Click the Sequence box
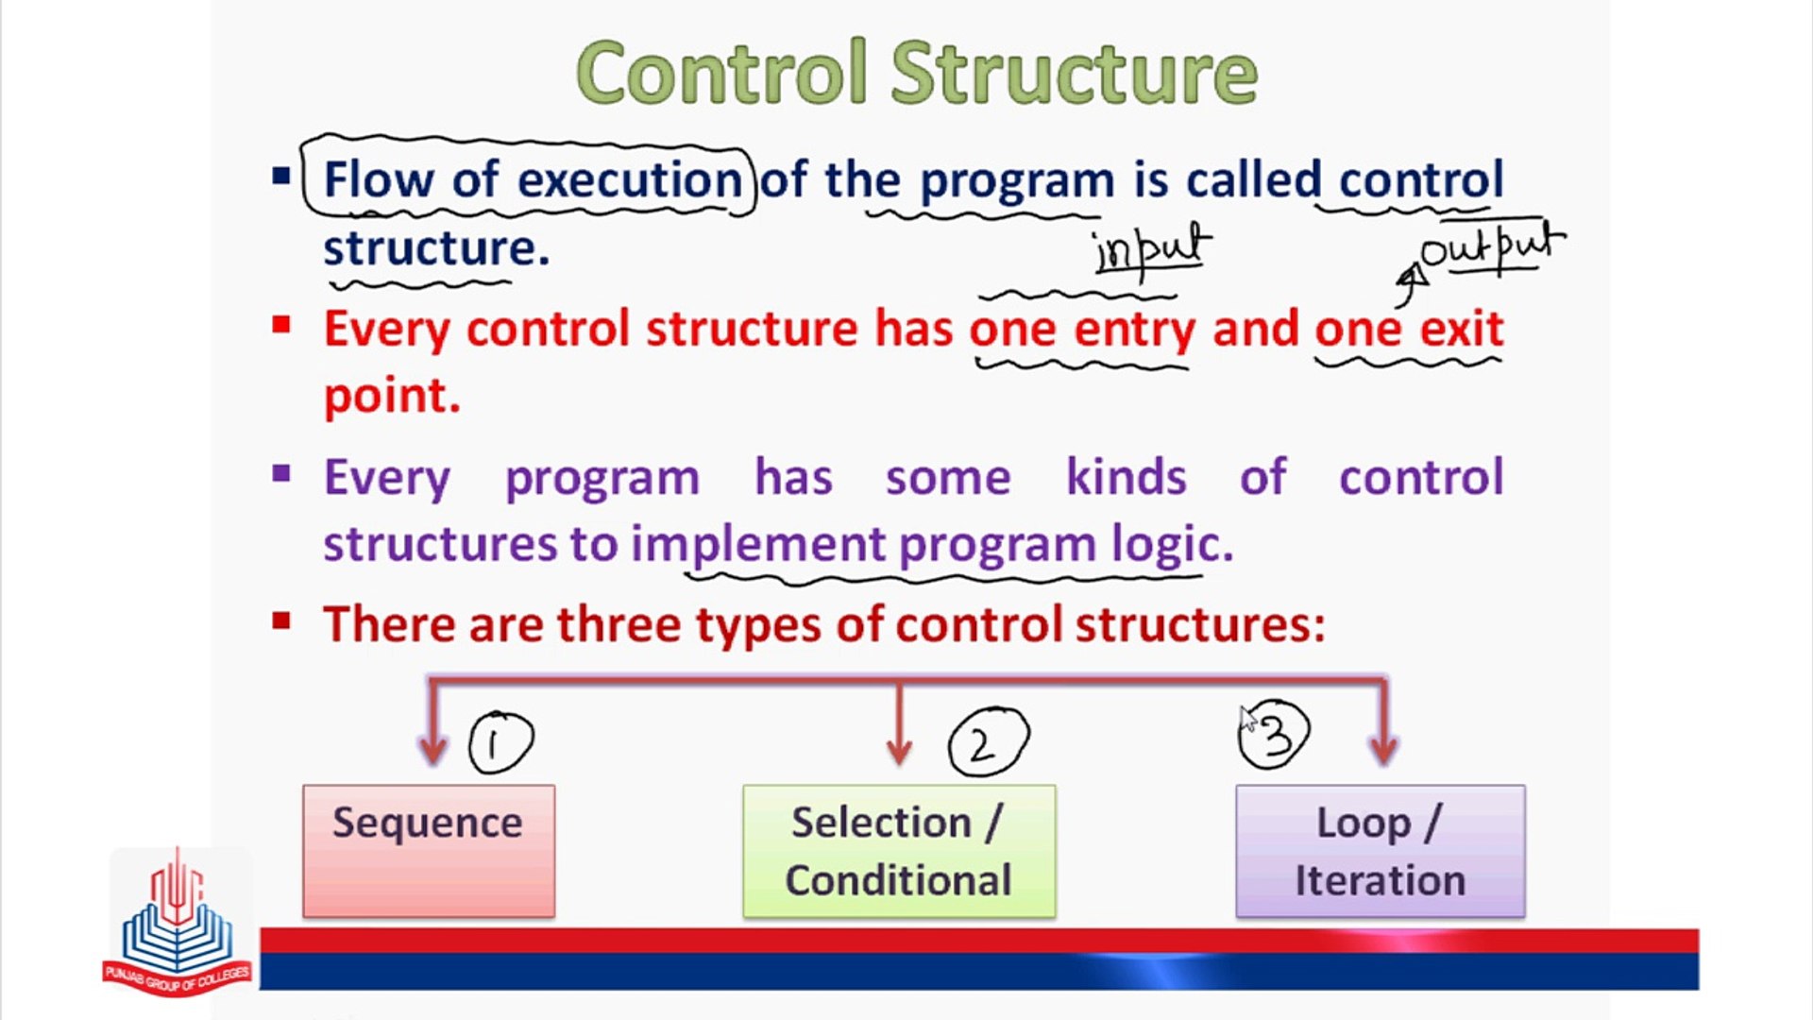click(429, 850)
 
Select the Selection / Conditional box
click(899, 851)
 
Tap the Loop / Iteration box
click(1380, 851)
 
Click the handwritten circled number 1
click(500, 743)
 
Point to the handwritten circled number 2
click(988, 743)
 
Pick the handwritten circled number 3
click(1275, 735)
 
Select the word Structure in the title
click(1074, 74)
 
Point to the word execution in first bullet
click(630, 179)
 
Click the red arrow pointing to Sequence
click(432, 727)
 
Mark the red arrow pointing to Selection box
click(899, 727)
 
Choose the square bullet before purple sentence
click(281, 473)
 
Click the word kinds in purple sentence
click(1126, 477)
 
